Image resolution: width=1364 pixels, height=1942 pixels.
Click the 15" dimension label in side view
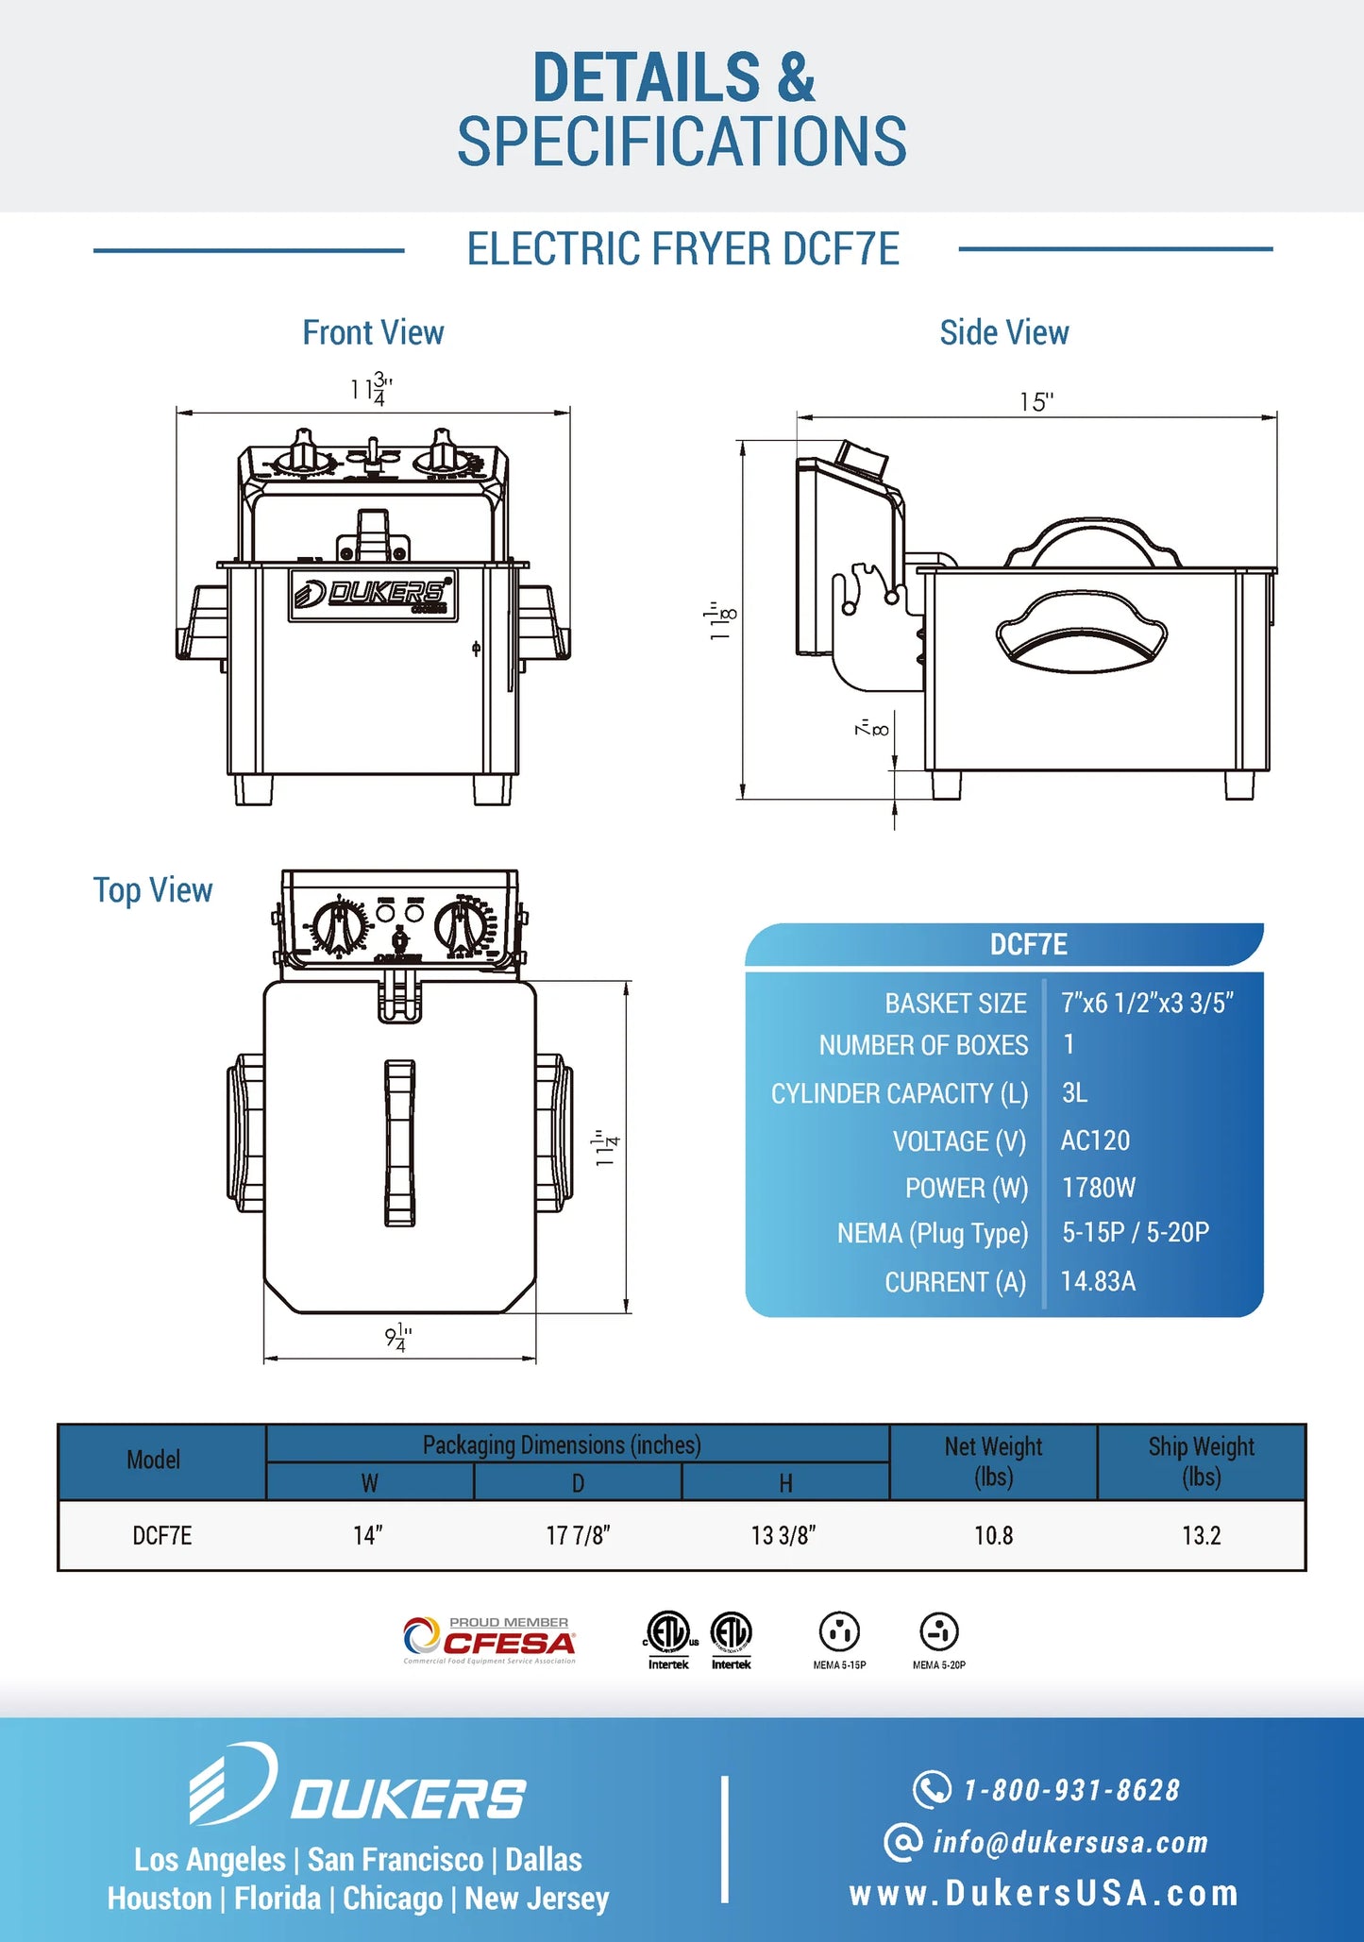pyautogui.click(x=1036, y=402)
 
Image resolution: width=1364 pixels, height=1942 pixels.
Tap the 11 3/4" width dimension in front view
pyautogui.click(x=371, y=389)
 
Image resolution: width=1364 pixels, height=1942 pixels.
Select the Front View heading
pyautogui.click(x=373, y=332)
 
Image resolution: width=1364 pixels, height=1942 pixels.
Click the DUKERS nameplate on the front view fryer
pyautogui.click(x=373, y=595)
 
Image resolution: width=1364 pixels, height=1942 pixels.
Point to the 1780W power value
pyautogui.click(x=1098, y=1188)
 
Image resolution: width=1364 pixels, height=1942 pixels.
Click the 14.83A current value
pyautogui.click(x=1098, y=1281)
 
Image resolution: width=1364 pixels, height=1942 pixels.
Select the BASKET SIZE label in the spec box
pyautogui.click(x=955, y=1004)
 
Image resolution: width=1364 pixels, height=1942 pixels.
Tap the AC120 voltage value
pyautogui.click(x=1095, y=1140)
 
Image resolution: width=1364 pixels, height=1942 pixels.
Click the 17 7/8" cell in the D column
pyautogui.click(x=578, y=1536)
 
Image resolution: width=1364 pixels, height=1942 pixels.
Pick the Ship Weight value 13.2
pyautogui.click(x=1201, y=1536)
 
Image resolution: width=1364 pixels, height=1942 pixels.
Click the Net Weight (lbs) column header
pyautogui.click(x=993, y=1461)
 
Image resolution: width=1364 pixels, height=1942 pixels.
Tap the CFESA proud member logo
pyautogui.click(x=489, y=1641)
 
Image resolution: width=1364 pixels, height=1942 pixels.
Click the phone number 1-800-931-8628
pyautogui.click(x=1070, y=1790)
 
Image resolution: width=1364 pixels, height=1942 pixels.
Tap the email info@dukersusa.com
pyautogui.click(x=1069, y=1842)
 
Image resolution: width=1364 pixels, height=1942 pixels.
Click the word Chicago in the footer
pyautogui.click(x=392, y=1898)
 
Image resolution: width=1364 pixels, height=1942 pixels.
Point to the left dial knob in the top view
pyautogui.click(x=338, y=926)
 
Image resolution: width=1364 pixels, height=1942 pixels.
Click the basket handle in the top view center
pyautogui.click(x=399, y=1142)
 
